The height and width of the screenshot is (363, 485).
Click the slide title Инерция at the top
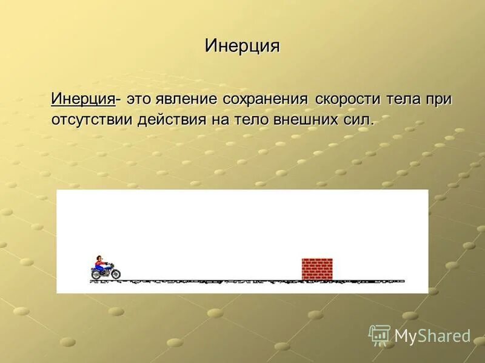242,46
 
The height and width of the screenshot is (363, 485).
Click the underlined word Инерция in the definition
83,99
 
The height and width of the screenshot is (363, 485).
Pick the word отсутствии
92,119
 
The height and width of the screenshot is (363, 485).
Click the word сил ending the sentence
357,119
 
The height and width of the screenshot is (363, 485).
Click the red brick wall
317,269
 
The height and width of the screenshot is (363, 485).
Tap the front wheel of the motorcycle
115,275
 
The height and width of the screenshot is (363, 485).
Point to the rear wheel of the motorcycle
96,275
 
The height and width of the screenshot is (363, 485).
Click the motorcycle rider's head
99,260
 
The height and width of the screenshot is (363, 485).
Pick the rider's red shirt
100,266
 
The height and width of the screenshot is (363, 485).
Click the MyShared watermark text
432,336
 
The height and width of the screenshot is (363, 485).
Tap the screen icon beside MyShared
380,335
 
